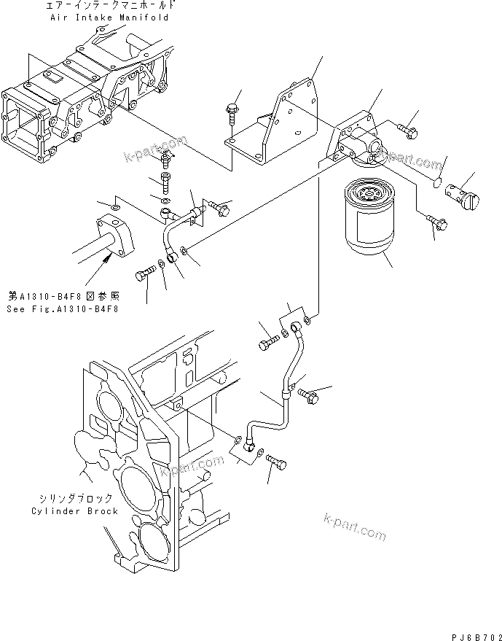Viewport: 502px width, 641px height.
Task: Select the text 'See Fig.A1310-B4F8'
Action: click(x=63, y=308)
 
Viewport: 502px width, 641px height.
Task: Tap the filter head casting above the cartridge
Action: click(x=353, y=142)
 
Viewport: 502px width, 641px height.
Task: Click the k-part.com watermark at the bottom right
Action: click(x=354, y=527)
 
